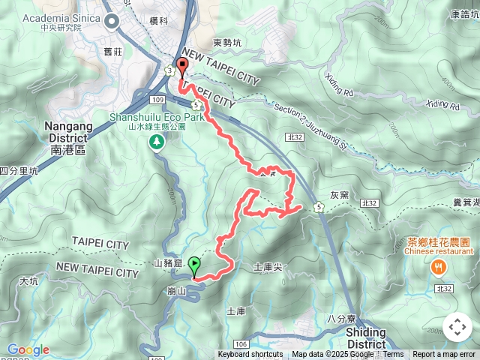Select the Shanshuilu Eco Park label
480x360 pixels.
pyautogui.click(x=157, y=117)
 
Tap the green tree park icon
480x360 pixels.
pyautogui.click(x=157, y=141)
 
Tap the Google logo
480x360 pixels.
pyautogui.click(x=28, y=349)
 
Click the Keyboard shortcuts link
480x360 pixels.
pyautogui.click(x=250, y=355)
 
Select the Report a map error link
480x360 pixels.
pyautogui.click(x=444, y=355)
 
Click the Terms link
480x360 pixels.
pyautogui.click(x=393, y=355)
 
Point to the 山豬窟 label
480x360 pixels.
pyautogui.click(x=168, y=263)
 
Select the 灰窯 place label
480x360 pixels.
pyautogui.click(x=339, y=194)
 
